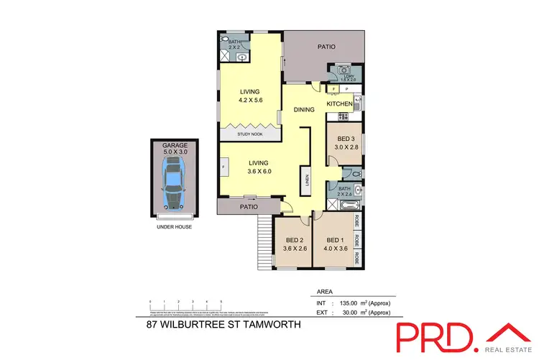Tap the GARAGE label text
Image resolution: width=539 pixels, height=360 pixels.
(x=175, y=144)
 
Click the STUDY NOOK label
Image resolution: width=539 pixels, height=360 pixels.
(x=249, y=134)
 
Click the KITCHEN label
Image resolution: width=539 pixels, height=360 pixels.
(x=340, y=104)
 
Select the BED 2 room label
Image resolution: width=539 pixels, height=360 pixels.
(x=293, y=240)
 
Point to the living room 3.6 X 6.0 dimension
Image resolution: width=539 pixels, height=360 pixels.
(x=249, y=173)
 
